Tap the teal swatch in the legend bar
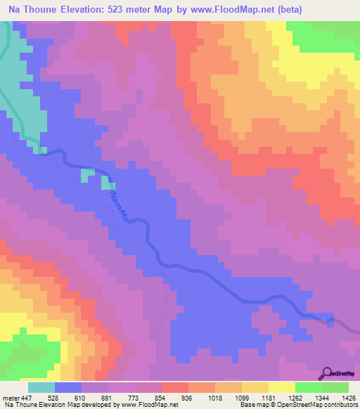[x=41, y=388]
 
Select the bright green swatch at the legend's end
[x=335, y=388]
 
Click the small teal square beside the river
[x=87, y=174]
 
